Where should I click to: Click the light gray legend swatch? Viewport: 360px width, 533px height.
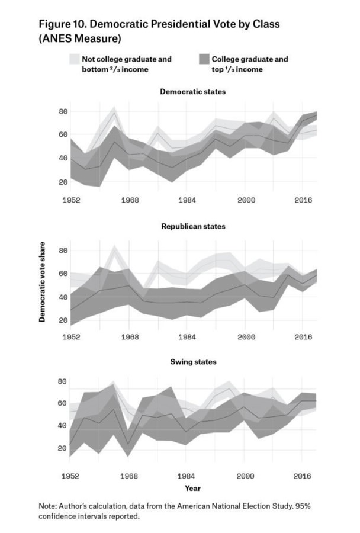pyautogui.click(x=75, y=59)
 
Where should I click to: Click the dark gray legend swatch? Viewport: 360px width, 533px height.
pyautogui.click(x=204, y=59)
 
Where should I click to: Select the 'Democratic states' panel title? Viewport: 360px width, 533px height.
pyautogui.click(x=193, y=91)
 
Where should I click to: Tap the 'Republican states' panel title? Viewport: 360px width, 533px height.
pyautogui.click(x=193, y=226)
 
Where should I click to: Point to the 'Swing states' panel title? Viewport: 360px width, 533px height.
pyautogui.click(x=193, y=362)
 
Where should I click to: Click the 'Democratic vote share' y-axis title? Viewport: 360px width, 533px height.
pyautogui.click(x=42, y=282)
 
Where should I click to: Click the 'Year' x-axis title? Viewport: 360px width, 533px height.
pyautogui.click(x=193, y=488)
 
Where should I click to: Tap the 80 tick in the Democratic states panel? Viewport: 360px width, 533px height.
pyautogui.click(x=63, y=111)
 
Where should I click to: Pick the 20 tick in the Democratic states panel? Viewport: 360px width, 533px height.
pyautogui.click(x=63, y=182)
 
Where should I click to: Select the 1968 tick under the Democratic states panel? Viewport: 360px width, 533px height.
pyautogui.click(x=130, y=200)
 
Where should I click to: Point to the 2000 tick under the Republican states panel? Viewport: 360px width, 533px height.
pyautogui.click(x=246, y=337)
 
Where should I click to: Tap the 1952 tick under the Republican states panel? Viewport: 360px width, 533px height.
pyautogui.click(x=72, y=337)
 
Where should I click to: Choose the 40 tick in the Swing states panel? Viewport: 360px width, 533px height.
pyautogui.click(x=62, y=425)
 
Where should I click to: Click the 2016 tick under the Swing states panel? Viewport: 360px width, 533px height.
pyautogui.click(x=302, y=476)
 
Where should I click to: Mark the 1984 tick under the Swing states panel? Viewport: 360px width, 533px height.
pyautogui.click(x=187, y=476)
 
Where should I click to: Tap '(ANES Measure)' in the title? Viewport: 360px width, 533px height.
pyautogui.click(x=80, y=38)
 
